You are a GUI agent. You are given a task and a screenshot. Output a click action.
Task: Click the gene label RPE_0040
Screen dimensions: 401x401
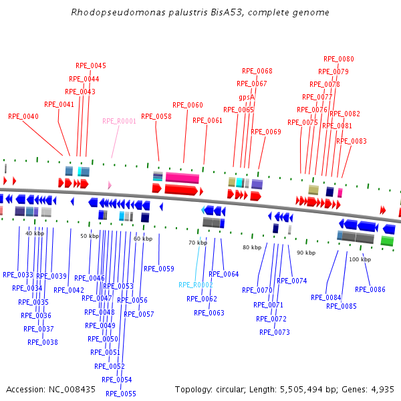point(23,116)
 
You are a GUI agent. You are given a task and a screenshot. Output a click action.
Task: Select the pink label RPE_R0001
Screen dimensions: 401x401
point(119,122)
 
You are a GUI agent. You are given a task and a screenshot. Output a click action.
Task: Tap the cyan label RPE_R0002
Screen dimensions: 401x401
point(195,285)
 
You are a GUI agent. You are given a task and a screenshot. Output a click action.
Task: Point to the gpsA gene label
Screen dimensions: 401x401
point(247,98)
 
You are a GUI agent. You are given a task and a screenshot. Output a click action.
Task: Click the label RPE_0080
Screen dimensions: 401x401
point(339,59)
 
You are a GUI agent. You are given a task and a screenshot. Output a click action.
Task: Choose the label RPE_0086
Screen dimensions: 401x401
point(370,289)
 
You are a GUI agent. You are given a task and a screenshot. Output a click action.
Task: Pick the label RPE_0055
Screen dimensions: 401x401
point(120,394)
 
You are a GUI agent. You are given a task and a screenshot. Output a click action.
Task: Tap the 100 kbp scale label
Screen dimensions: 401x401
point(360,259)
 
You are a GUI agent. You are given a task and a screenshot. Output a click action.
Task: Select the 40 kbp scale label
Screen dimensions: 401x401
point(35,233)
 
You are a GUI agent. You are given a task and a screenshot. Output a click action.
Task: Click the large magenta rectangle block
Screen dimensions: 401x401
point(182,178)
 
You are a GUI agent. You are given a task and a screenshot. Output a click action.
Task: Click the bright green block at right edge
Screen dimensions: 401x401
point(387,241)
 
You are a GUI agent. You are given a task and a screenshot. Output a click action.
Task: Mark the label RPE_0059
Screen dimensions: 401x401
point(158,269)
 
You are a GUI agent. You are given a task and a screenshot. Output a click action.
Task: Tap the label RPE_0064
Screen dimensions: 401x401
point(223,274)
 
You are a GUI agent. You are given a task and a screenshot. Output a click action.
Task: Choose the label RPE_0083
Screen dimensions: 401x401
point(351,141)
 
